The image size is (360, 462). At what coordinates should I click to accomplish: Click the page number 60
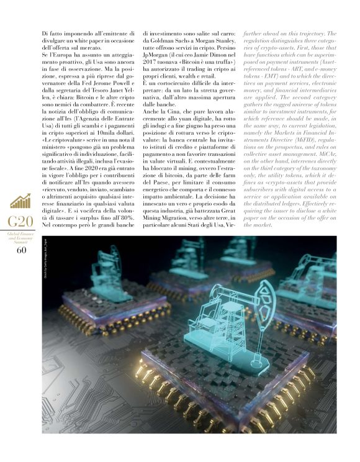pos(21,250)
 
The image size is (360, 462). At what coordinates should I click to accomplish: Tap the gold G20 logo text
pos(21,222)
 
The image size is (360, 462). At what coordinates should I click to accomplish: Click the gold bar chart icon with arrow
pos(21,201)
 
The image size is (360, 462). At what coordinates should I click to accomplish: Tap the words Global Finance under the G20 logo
pos(21,235)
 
